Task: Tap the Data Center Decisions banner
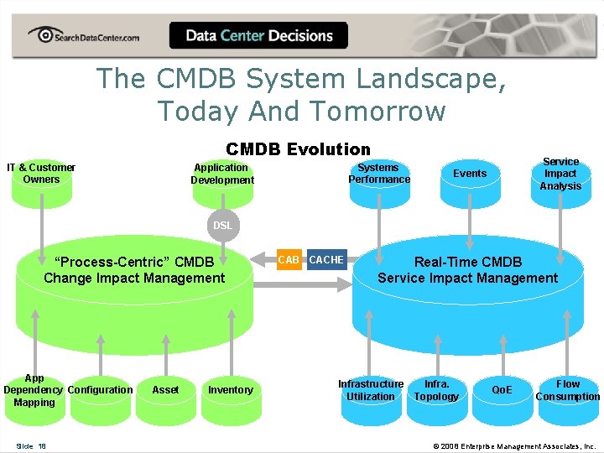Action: point(258,36)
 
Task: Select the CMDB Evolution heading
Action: point(298,149)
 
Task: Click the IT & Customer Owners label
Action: point(41,174)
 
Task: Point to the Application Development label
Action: point(221,174)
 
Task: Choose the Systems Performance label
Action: point(379,174)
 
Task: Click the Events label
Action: point(469,174)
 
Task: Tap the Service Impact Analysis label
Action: point(560,174)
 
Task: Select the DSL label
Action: point(222,226)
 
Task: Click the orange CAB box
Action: point(289,260)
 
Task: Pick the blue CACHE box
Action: point(326,260)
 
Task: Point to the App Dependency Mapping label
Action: point(34,390)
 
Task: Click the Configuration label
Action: point(100,390)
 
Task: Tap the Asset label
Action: point(165,390)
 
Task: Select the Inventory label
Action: point(230,390)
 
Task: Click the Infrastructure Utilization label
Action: point(370,390)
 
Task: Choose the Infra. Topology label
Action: point(436,390)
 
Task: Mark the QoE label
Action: point(502,390)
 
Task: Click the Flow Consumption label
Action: point(568,390)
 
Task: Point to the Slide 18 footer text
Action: point(31,445)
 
